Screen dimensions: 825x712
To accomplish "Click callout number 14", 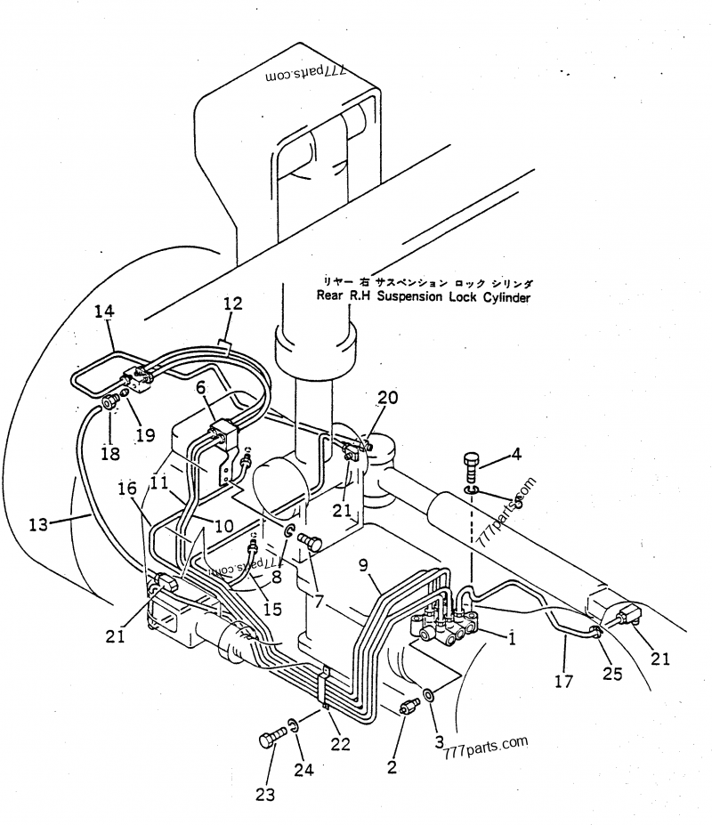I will coord(104,311).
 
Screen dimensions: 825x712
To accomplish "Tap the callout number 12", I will coord(232,304).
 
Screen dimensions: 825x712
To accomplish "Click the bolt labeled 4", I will coord(472,465).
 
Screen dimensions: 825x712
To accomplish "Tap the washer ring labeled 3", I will coord(430,695).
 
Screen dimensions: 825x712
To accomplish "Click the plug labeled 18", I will coord(110,405).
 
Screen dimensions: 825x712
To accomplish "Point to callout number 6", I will coord(200,389).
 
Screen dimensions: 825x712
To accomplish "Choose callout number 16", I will coord(127,489).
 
